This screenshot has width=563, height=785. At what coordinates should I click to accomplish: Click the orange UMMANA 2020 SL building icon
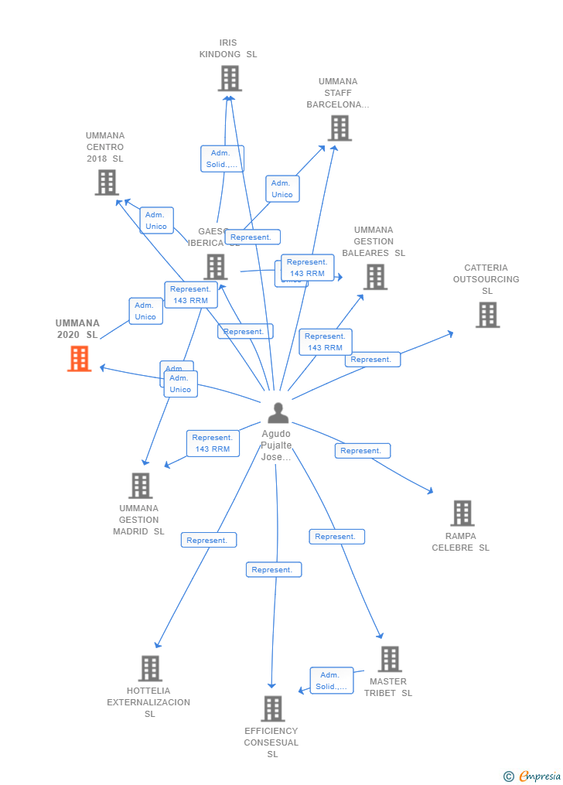click(x=79, y=359)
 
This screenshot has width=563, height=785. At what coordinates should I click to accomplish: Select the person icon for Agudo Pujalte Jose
click(x=278, y=413)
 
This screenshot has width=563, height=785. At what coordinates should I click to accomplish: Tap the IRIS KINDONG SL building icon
click(x=229, y=78)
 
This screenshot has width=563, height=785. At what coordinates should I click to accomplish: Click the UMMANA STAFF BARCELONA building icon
click(x=339, y=128)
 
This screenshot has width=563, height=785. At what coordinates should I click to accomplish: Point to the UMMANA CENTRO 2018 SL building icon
click(x=106, y=183)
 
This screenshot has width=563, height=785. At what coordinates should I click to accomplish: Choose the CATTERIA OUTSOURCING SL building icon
click(x=487, y=315)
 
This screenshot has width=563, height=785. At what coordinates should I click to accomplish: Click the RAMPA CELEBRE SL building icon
click(x=462, y=513)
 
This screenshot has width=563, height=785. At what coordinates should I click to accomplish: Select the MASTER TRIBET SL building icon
click(x=389, y=659)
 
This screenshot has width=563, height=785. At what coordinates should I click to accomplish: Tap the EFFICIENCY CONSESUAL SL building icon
click(x=272, y=708)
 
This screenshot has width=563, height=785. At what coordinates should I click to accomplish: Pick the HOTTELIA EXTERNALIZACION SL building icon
click(x=149, y=668)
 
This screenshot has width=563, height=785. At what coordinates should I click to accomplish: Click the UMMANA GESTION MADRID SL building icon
click(x=140, y=486)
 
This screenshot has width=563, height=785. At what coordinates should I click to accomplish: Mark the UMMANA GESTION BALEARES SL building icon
click(x=375, y=277)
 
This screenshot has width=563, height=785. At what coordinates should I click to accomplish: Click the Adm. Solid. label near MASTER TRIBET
click(x=332, y=681)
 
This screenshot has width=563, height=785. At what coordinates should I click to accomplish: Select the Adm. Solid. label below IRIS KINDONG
click(x=222, y=159)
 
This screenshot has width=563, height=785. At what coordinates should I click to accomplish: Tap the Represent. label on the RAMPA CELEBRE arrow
click(x=362, y=451)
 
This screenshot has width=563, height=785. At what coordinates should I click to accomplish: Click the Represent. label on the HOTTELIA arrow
click(x=208, y=540)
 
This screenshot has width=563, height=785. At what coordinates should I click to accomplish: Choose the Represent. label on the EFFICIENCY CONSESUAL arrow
click(x=273, y=570)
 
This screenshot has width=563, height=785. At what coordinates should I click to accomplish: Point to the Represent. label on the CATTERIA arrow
click(x=372, y=360)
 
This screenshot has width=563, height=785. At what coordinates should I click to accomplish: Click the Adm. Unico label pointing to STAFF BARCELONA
click(x=282, y=189)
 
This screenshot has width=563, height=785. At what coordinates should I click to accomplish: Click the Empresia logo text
click(x=539, y=776)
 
